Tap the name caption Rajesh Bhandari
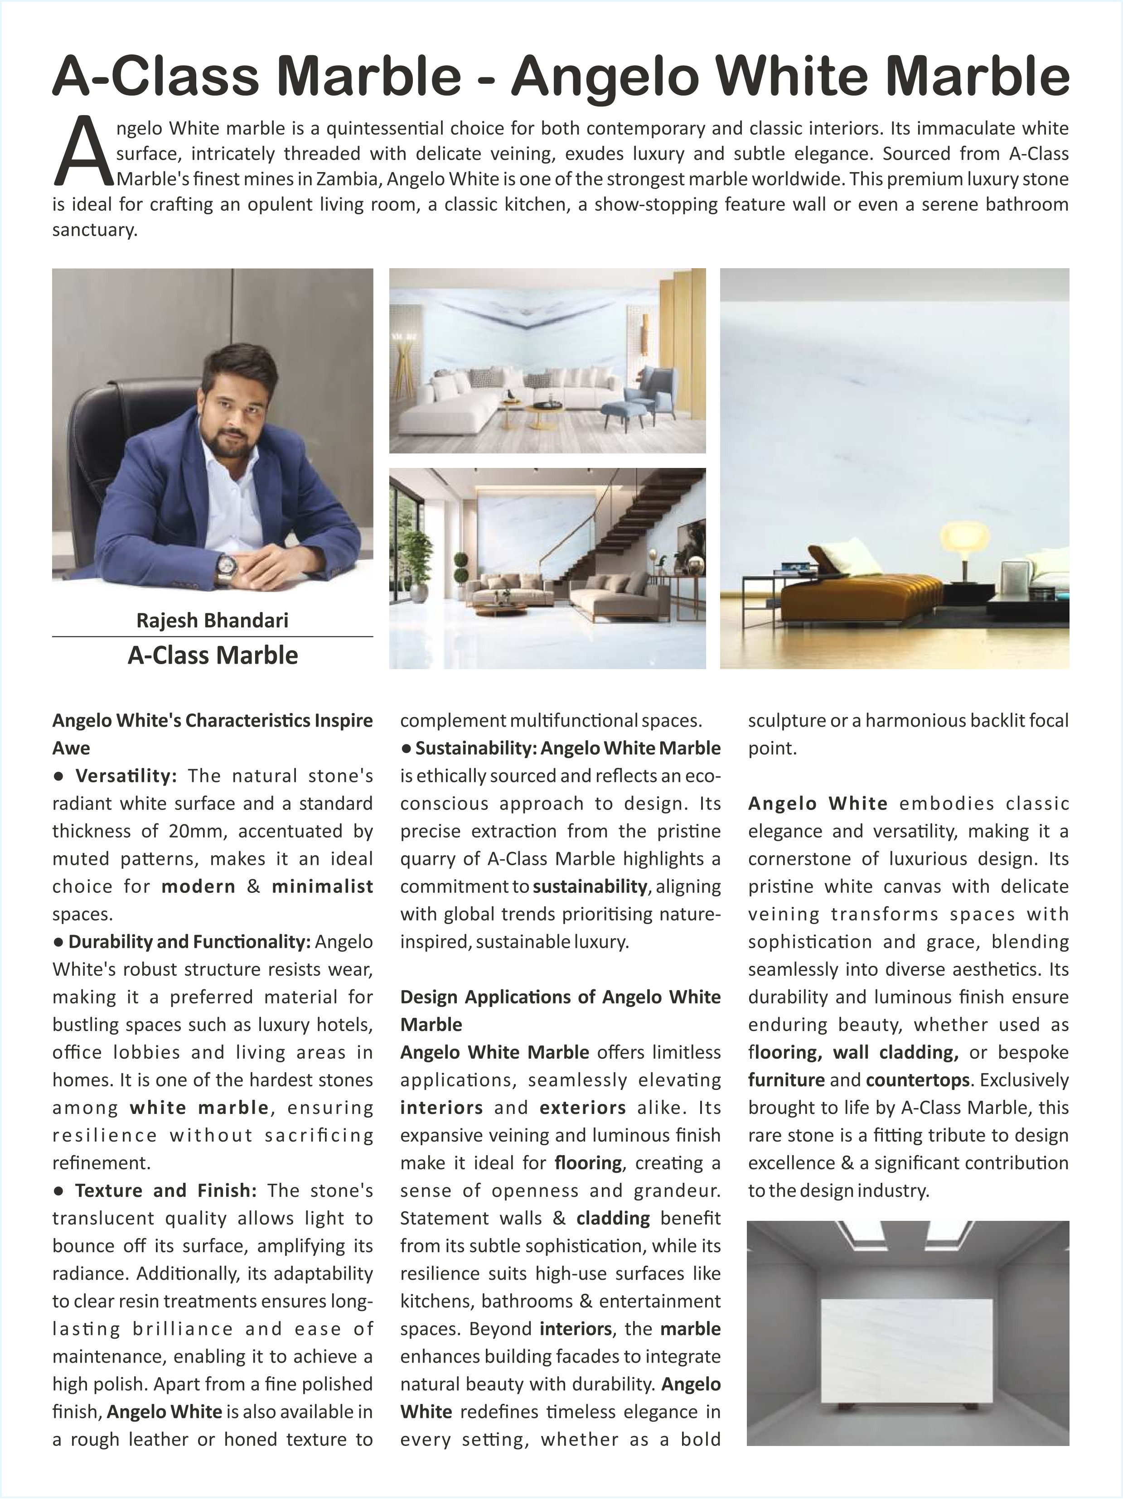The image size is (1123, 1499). coord(212,620)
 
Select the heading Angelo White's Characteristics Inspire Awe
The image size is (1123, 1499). coord(212,733)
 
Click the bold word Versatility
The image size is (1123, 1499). coord(126,775)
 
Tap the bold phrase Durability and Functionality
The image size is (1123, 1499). coord(189,941)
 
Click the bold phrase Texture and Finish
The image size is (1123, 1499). coord(165,1190)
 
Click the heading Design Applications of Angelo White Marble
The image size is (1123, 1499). coord(560,1010)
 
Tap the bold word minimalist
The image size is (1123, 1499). coord(322,887)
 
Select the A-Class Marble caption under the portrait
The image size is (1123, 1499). coord(212,656)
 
